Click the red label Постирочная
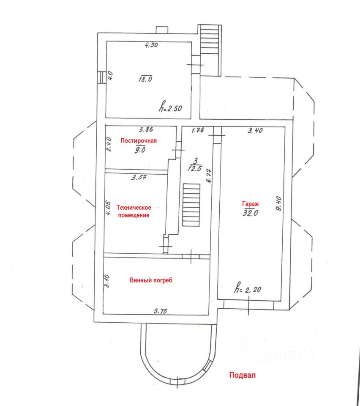click(x=139, y=140)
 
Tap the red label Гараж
click(x=250, y=204)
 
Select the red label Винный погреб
click(x=152, y=280)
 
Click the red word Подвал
click(x=243, y=375)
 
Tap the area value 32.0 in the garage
click(x=250, y=213)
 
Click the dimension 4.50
click(x=151, y=45)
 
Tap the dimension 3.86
click(x=136, y=131)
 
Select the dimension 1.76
click(x=198, y=131)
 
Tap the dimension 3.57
click(x=139, y=178)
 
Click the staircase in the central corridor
click(x=191, y=206)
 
